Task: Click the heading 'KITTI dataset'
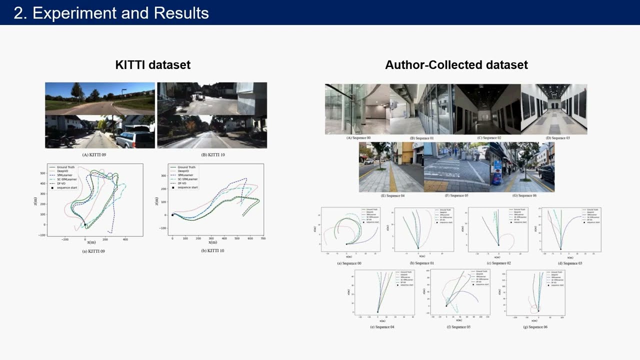click(152, 65)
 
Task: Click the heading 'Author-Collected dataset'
click(456, 65)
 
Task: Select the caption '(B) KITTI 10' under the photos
click(213, 155)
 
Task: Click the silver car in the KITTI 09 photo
click(136, 138)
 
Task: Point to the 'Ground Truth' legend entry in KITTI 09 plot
click(65, 167)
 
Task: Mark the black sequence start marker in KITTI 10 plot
click(172, 215)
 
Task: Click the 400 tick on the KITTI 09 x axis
click(125, 239)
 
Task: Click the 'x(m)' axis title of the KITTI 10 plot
click(210, 242)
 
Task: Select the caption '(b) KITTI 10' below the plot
click(212, 250)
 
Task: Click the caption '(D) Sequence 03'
click(557, 138)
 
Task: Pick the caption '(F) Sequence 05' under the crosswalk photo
click(456, 195)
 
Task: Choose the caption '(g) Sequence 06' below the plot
click(535, 327)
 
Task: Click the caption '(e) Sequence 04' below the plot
click(382, 327)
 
